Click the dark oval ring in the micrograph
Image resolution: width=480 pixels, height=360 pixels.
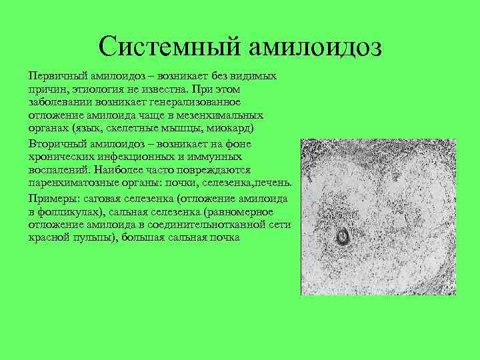coord(344,236)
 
